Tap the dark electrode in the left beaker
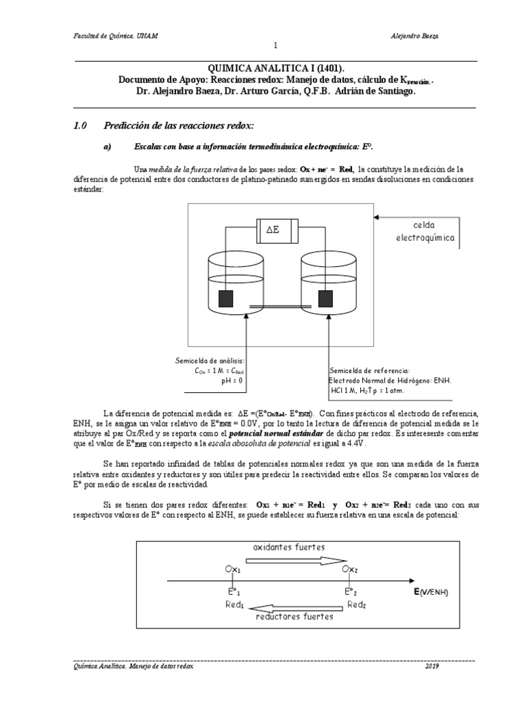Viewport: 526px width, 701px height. [225, 299]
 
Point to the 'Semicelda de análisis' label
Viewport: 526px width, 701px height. [210, 360]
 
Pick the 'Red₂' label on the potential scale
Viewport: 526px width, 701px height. [356, 604]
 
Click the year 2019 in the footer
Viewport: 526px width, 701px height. [432, 666]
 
